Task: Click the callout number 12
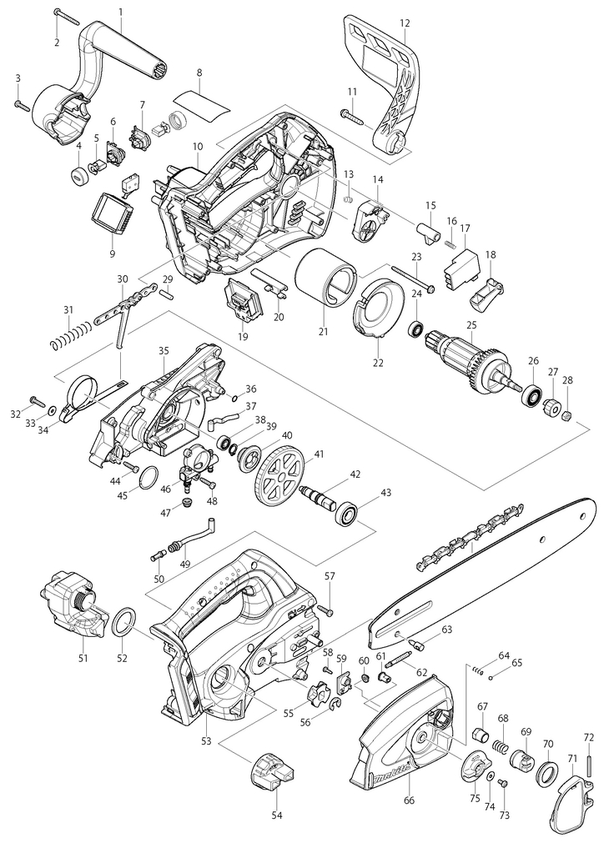click(405, 23)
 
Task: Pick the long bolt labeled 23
click(414, 279)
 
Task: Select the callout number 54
click(276, 815)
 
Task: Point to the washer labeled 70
click(547, 774)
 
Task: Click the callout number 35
click(164, 350)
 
